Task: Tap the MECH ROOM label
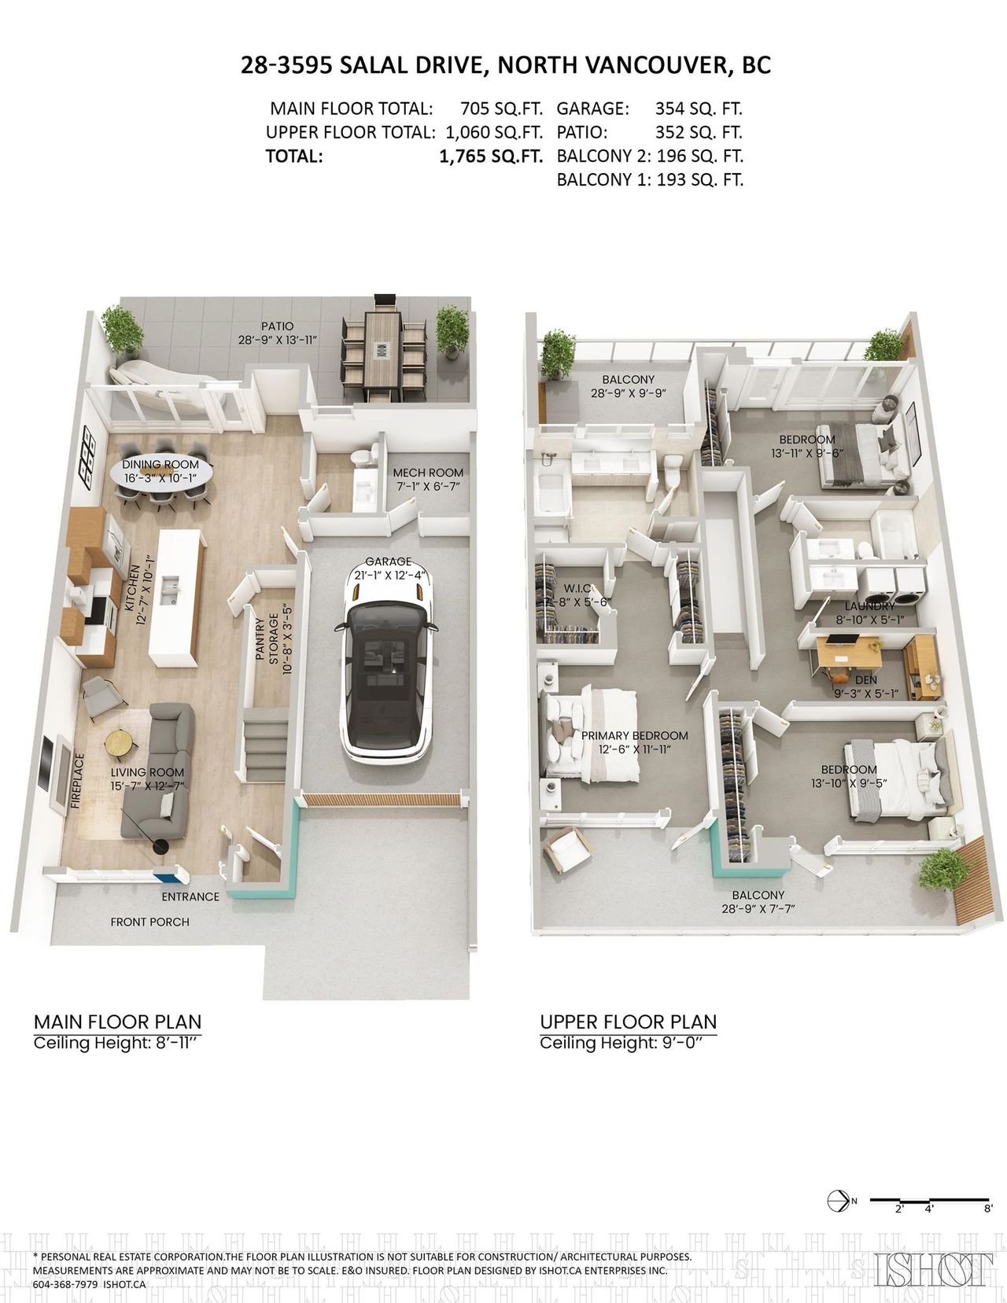(428, 473)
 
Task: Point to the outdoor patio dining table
(382, 351)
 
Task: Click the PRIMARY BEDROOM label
(635, 736)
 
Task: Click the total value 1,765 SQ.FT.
(491, 156)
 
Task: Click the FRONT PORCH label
(150, 922)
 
